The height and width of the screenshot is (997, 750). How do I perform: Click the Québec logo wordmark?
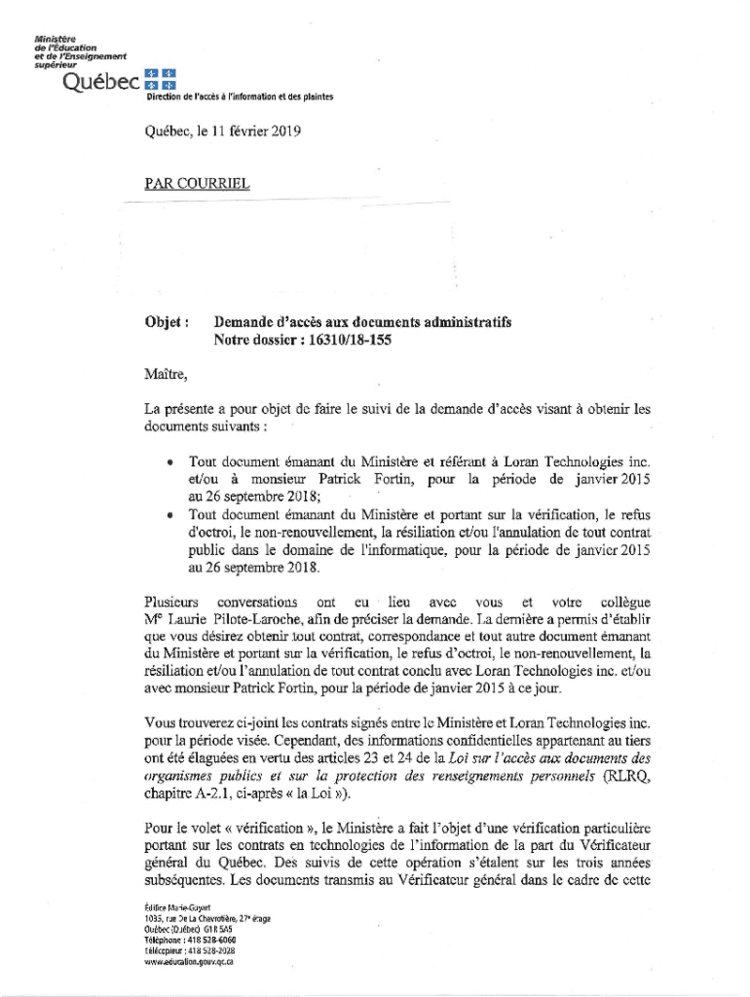click(99, 84)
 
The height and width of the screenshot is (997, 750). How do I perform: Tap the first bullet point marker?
click(169, 461)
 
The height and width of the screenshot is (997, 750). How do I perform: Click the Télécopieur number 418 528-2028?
click(220, 950)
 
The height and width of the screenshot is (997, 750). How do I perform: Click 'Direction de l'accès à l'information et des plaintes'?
click(240, 97)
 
